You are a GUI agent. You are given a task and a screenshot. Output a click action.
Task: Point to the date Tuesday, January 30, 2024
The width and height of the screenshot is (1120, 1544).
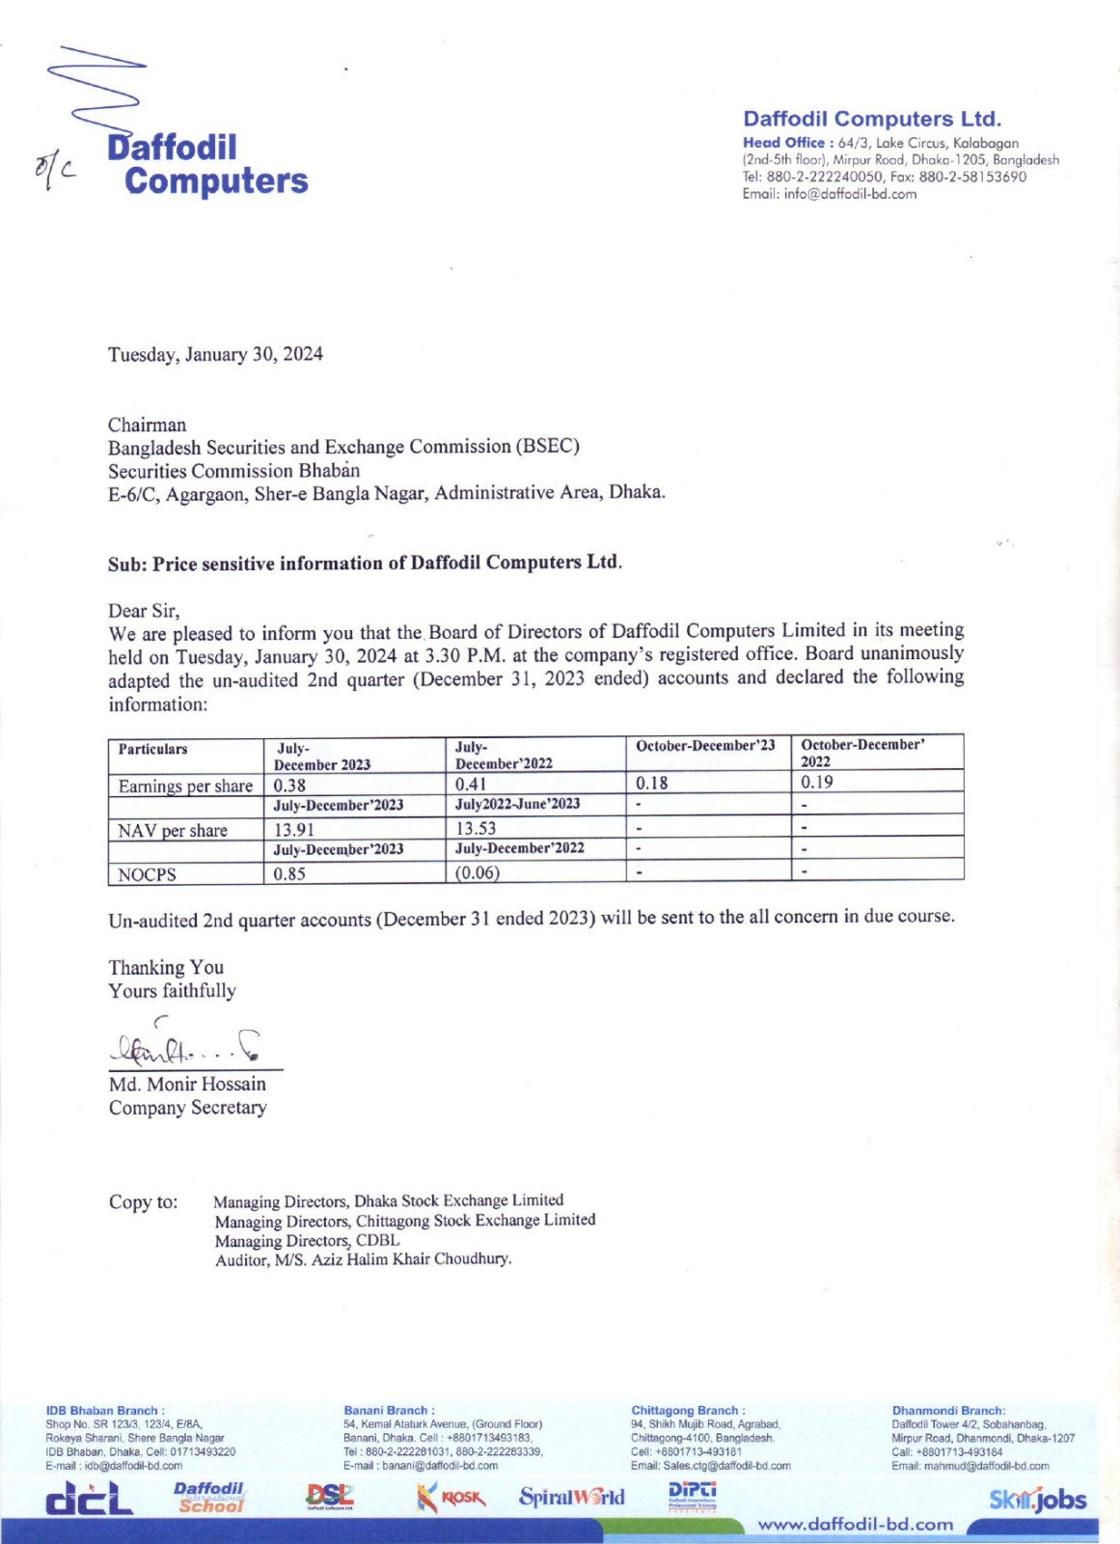pyautogui.click(x=215, y=354)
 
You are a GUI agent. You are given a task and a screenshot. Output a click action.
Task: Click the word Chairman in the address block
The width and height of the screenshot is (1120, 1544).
pyautogui.click(x=147, y=425)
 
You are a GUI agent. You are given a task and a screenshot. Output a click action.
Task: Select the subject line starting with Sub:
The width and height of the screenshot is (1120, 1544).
pyautogui.click(x=365, y=563)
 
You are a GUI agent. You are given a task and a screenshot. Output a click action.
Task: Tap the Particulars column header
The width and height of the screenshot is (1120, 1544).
pyautogui.click(x=153, y=750)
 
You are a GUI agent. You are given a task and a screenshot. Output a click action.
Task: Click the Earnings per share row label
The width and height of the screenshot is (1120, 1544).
pyautogui.click(x=185, y=786)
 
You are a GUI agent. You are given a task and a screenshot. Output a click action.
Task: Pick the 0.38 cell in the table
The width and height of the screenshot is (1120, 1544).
pyautogui.click(x=289, y=786)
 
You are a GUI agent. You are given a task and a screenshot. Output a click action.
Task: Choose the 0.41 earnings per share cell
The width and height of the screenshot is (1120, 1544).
pyautogui.click(x=471, y=785)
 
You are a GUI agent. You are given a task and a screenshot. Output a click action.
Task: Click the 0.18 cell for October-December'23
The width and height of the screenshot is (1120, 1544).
pyautogui.click(x=652, y=783)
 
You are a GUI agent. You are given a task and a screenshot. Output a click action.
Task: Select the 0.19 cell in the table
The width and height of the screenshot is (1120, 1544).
pyautogui.click(x=817, y=782)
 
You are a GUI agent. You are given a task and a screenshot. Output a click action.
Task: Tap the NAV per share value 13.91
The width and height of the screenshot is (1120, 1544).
pyautogui.click(x=294, y=830)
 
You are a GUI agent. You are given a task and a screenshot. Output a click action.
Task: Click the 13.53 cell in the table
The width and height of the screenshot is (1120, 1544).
pyautogui.click(x=476, y=828)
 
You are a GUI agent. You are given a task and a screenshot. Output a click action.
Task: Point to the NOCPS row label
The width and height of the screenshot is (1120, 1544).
pyautogui.click(x=147, y=875)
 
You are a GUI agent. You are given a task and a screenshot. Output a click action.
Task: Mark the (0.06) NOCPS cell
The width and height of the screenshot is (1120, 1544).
pyautogui.click(x=478, y=872)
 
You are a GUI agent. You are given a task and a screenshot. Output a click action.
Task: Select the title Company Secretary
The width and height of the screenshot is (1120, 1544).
pyautogui.click(x=187, y=1108)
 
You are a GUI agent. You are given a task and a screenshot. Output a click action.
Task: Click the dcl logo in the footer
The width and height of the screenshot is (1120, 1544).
pyautogui.click(x=90, y=1499)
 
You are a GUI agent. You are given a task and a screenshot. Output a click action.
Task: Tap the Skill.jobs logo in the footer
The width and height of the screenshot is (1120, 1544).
pyautogui.click(x=1037, y=1500)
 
